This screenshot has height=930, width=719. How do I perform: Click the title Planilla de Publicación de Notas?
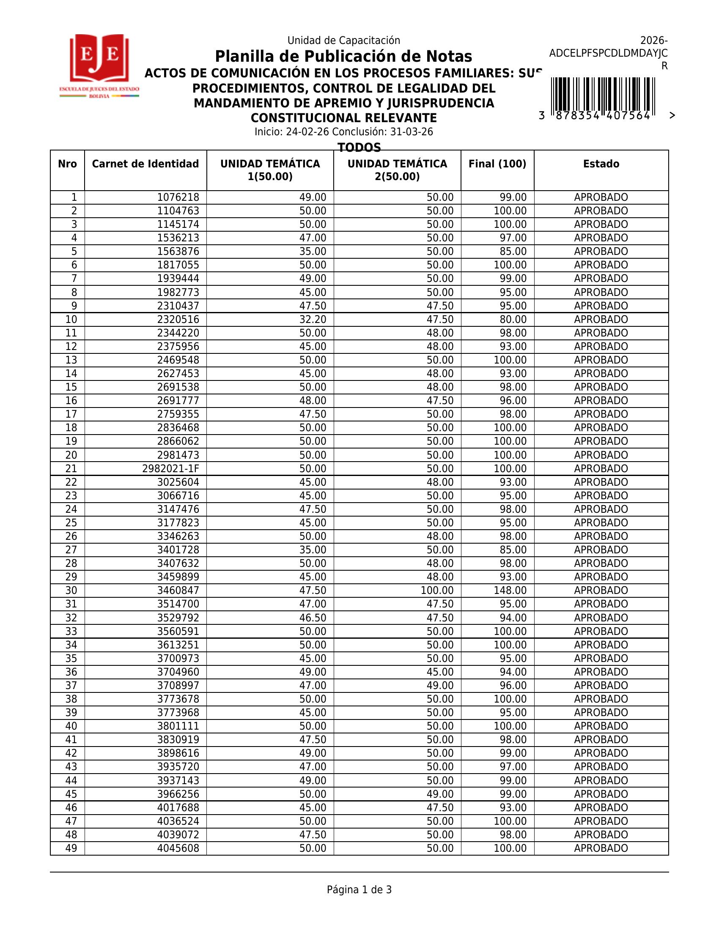pos(343,56)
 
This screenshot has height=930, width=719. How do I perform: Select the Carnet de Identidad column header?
pos(145,164)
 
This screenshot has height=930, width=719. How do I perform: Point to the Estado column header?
pos(601,164)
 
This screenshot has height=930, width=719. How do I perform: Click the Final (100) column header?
pos(497,164)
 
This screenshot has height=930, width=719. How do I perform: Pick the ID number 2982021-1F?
pos(170,469)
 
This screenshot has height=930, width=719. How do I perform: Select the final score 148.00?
pos(510,591)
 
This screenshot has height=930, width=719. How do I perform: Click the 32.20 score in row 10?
pos(313,319)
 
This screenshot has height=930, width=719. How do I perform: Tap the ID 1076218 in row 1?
pos(178,197)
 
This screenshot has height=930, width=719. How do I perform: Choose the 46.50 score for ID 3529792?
pos(313,618)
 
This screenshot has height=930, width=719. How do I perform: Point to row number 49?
pos(71,848)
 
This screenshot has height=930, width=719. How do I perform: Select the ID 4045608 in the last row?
pos(178,848)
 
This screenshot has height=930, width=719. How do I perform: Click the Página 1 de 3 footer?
pos(359,889)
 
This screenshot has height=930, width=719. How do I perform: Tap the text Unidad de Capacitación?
pos(343,41)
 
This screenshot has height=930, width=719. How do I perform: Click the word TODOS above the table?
pos(359,147)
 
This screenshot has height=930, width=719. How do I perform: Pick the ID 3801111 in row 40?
pos(178,726)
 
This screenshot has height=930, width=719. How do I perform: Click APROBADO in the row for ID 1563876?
pos(601,252)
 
